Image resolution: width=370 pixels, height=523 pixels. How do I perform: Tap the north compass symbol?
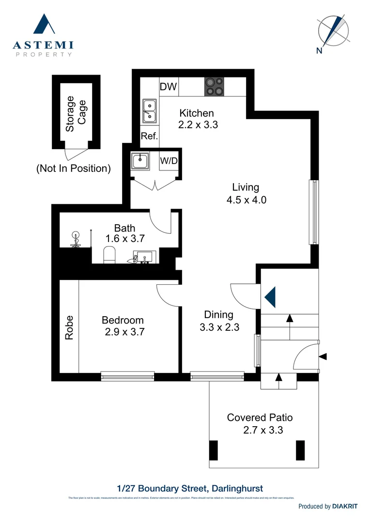click(333, 31)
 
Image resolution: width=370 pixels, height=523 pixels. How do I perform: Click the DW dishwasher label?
click(168, 87)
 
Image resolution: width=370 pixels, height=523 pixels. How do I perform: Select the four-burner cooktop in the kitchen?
click(214, 86)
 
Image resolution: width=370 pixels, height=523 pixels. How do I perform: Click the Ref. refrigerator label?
click(150, 136)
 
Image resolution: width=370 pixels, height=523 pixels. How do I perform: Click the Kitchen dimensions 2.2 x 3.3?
click(198, 124)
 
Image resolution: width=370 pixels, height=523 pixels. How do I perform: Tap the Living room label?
click(246, 187)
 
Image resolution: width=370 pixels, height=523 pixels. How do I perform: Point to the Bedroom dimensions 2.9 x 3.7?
click(124, 332)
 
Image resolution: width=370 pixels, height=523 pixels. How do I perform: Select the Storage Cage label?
click(76, 114)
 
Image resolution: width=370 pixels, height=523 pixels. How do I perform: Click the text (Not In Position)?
click(73, 169)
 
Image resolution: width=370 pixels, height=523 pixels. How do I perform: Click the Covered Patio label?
click(260, 417)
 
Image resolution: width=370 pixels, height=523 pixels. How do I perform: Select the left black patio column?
click(214, 450)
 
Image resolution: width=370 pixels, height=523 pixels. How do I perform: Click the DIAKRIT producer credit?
click(344, 506)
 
